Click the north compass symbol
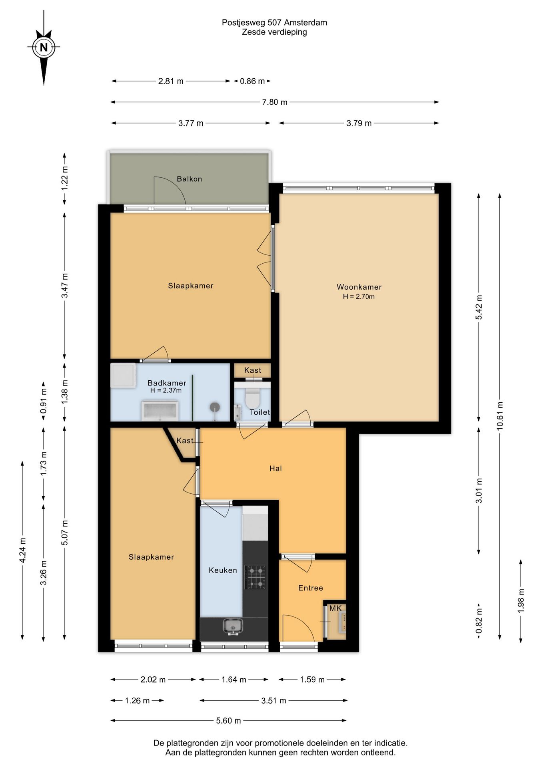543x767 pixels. (x=44, y=47)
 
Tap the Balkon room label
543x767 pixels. (x=190, y=179)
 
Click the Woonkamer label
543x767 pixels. (x=359, y=287)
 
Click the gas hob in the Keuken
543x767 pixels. (x=255, y=577)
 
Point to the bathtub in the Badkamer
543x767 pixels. (x=160, y=411)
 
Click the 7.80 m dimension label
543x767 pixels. (x=275, y=102)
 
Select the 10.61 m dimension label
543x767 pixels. (x=500, y=416)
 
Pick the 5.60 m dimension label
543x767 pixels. (x=229, y=721)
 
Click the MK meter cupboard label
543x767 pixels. (x=335, y=608)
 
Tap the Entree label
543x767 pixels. (x=311, y=588)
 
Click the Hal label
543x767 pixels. (x=275, y=469)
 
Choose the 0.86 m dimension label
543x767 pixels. (x=252, y=81)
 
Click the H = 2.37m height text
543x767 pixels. (x=166, y=390)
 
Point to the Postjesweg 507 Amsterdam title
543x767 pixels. (x=275, y=23)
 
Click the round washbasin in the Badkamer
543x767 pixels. (x=215, y=407)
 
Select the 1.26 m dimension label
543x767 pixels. (x=137, y=701)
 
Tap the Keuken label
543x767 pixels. (x=223, y=570)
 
